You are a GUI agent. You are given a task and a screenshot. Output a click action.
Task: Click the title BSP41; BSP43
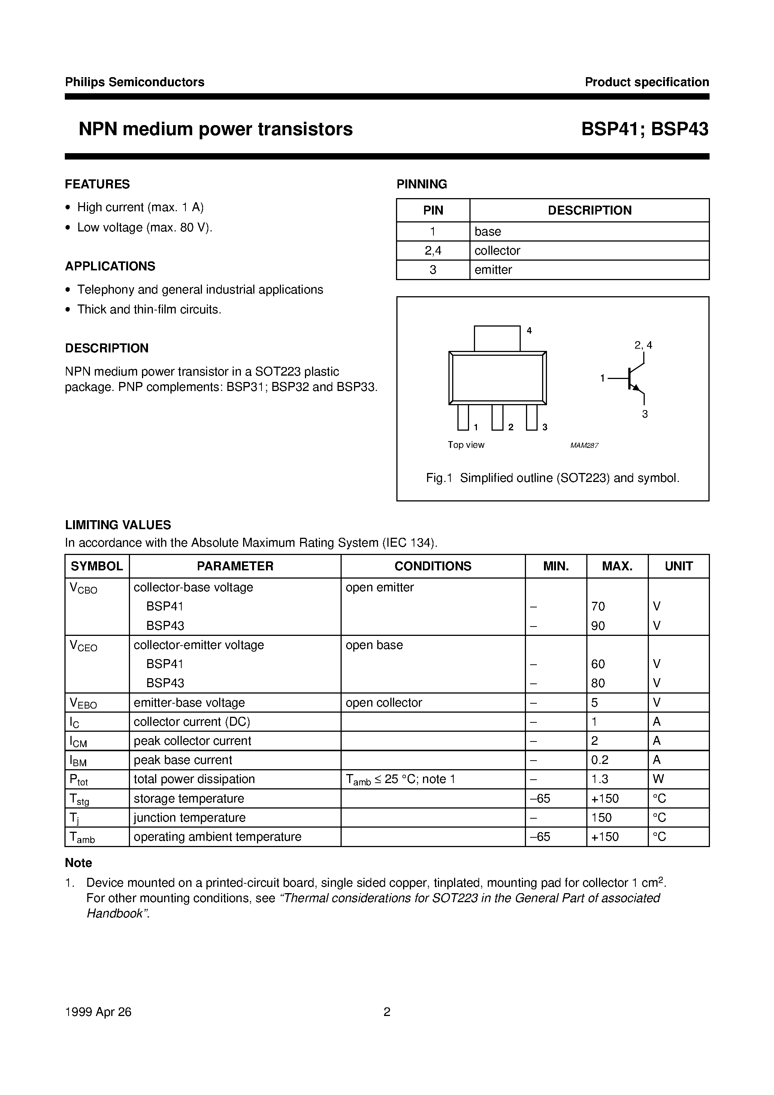pos(644,129)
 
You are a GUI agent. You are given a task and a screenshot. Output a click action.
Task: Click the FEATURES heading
pos(97,184)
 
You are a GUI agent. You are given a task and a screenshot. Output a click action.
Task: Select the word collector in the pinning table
pos(497,251)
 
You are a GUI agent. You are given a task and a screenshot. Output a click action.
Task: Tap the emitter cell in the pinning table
pos(493,270)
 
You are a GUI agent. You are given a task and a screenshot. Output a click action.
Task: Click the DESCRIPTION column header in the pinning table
pos(589,210)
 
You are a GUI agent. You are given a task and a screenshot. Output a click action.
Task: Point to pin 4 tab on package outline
pos(497,338)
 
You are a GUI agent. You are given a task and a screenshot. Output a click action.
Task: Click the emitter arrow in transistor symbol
pos(636,388)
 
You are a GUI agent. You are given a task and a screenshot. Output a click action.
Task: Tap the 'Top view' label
pos(466,445)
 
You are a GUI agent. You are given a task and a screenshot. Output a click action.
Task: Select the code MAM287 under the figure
pos(584,445)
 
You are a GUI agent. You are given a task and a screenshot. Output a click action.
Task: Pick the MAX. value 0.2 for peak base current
pos(599,760)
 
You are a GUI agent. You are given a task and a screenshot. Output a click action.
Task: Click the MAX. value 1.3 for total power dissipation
pos(599,779)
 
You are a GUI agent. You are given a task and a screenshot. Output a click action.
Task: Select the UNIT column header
pos(678,566)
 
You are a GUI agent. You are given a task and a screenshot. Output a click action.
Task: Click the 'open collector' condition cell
pos(384,703)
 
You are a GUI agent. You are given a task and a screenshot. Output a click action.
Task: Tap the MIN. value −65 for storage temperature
pos(540,798)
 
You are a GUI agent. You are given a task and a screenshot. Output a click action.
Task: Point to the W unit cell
pos(658,779)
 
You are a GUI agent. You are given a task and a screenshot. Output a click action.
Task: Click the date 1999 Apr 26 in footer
pos(98,1012)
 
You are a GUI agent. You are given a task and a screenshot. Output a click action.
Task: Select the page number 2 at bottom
pos(387,1012)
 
